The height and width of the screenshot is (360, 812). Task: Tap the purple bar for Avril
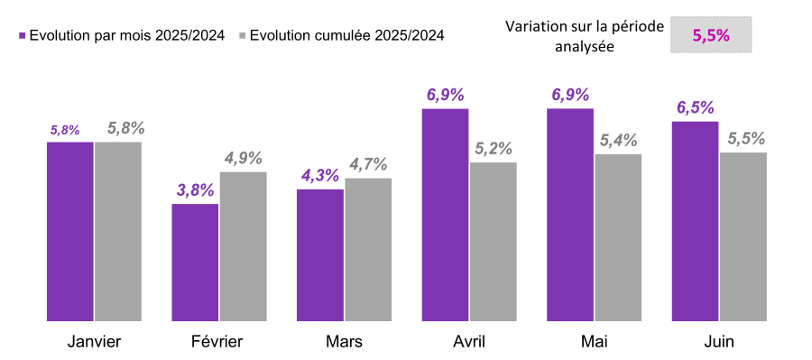tap(445, 214)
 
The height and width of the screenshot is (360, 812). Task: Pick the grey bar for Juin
tap(743, 236)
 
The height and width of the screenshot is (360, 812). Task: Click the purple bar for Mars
tap(320, 254)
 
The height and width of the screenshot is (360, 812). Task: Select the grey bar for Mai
tap(618, 237)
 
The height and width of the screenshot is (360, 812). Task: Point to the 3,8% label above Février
tap(195, 190)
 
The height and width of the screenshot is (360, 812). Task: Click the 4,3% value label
tap(319, 176)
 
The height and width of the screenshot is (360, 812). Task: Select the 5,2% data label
tap(494, 149)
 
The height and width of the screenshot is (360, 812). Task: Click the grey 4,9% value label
tap(244, 158)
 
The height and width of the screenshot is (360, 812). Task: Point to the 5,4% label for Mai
tap(618, 141)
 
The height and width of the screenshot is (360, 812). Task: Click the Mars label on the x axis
tap(344, 342)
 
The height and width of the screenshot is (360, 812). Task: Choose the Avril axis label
tap(469, 342)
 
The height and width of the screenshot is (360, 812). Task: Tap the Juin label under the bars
tap(718, 342)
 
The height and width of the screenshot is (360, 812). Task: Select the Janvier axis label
tap(94, 342)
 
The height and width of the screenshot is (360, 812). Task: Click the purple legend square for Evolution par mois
tap(22, 36)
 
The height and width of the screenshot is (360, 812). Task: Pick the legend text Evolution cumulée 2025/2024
tap(346, 36)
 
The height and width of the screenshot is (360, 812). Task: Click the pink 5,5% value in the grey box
tap(710, 35)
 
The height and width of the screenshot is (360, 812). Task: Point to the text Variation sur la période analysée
tap(584, 36)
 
